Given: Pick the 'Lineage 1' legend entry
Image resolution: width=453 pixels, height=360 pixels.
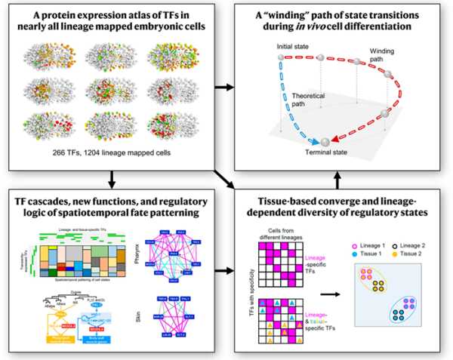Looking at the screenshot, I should point(371,248).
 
